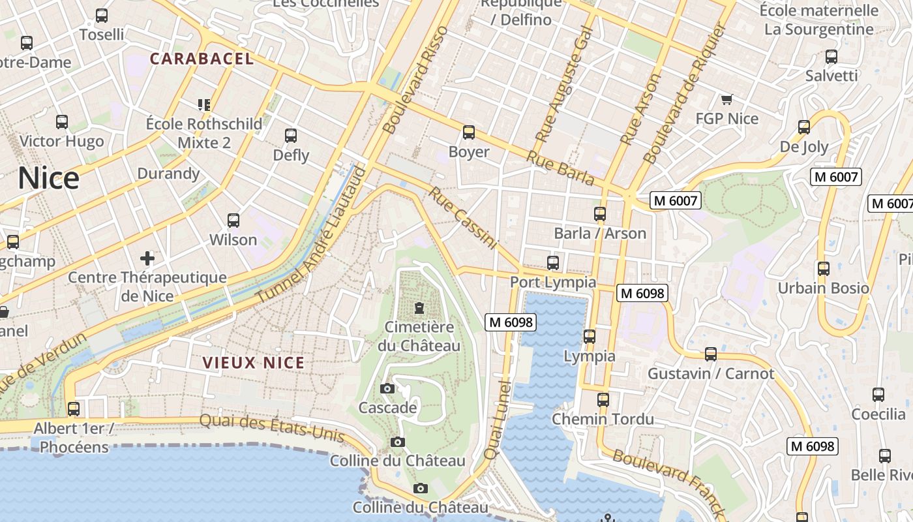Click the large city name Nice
tap(48, 178)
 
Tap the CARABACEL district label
tap(202, 59)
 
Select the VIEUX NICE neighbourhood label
tap(254, 363)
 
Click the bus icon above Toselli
tap(101, 16)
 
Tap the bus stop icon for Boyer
tap(468, 133)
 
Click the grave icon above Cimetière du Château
tap(419, 307)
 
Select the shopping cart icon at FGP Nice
tap(726, 100)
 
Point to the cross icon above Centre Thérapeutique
tap(147, 258)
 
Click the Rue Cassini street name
tap(463, 219)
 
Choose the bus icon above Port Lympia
tap(553, 263)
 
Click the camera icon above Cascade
tap(387, 389)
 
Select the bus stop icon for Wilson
tap(233, 221)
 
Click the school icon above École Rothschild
tap(203, 104)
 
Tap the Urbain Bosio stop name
tap(823, 288)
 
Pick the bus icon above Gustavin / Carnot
tap(711, 354)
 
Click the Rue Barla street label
tap(560, 168)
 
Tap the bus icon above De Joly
tap(804, 127)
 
